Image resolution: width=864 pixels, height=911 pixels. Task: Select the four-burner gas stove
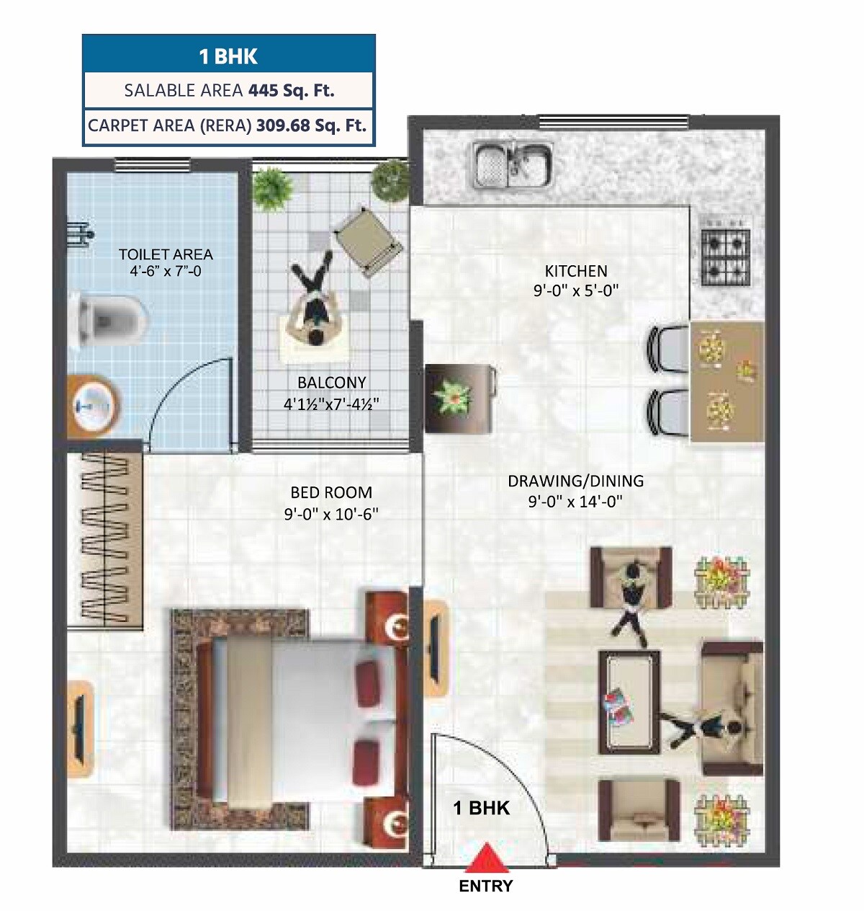click(x=725, y=257)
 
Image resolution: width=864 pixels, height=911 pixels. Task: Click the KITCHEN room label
click(x=576, y=271)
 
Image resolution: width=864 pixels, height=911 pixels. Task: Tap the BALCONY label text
click(x=332, y=383)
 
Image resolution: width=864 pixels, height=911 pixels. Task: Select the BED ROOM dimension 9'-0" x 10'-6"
click(x=331, y=514)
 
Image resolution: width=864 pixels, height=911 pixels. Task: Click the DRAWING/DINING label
click(x=575, y=481)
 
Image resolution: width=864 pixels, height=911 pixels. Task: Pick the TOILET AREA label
click(x=166, y=254)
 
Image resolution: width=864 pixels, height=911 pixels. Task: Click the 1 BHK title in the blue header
click(x=228, y=56)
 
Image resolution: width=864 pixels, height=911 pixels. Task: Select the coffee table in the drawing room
click(x=629, y=702)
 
